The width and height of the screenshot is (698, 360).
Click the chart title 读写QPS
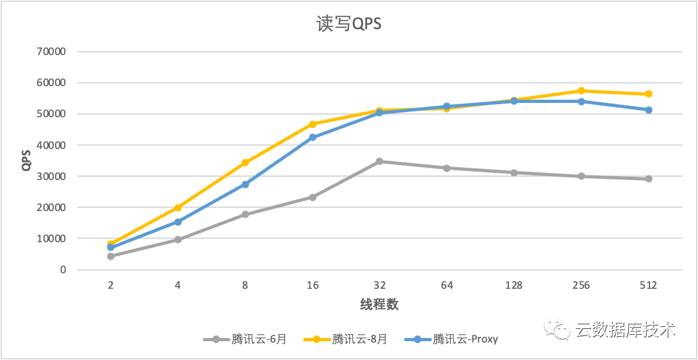349,24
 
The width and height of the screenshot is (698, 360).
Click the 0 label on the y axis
63,270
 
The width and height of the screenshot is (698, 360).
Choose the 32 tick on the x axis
379,286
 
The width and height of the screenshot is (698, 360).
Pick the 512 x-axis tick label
648,286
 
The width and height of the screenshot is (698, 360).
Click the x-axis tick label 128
513,286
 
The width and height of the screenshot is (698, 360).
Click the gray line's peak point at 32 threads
379,161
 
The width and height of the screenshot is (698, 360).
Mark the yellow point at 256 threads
581,91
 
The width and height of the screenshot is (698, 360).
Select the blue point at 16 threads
312,137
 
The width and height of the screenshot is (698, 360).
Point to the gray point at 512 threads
648,179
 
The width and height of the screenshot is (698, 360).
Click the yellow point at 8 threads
245,163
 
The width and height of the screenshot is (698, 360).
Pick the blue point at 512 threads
648,110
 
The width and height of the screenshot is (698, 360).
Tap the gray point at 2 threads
111,256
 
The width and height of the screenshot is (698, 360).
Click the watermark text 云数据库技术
625,330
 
